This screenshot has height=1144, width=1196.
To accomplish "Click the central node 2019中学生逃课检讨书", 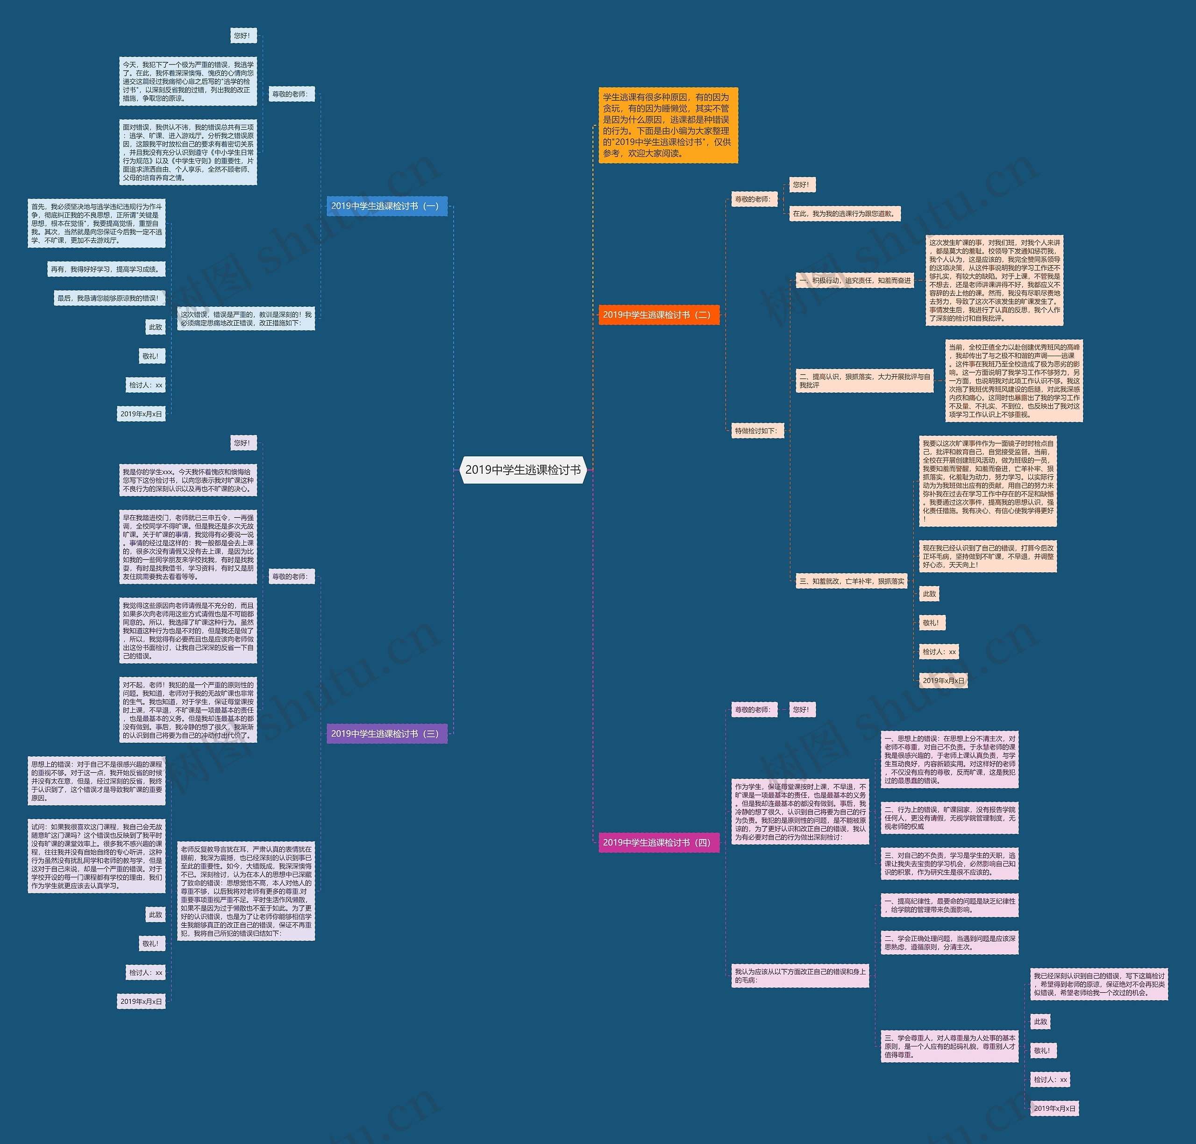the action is (523, 469).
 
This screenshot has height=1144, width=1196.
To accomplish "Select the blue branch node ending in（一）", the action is (387, 206).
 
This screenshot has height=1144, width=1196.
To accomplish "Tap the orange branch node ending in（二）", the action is (658, 315).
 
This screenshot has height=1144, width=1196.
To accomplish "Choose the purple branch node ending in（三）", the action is (387, 733).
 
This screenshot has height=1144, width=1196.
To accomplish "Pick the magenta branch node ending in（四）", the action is (658, 843).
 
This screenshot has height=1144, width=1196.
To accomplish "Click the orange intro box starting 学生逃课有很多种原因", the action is (667, 125).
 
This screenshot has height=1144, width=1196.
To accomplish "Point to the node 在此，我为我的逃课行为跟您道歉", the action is (845, 213).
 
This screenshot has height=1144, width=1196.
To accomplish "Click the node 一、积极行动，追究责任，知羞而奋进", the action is (855, 281).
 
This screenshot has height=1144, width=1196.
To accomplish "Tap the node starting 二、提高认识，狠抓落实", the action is (864, 381).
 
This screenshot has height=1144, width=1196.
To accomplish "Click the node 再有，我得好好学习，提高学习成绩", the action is (106, 269).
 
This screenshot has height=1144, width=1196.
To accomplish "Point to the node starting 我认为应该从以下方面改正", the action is (800, 976).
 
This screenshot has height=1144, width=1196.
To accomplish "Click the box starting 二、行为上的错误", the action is (950, 818).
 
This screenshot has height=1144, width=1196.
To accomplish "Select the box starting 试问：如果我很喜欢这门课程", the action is (96, 856).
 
